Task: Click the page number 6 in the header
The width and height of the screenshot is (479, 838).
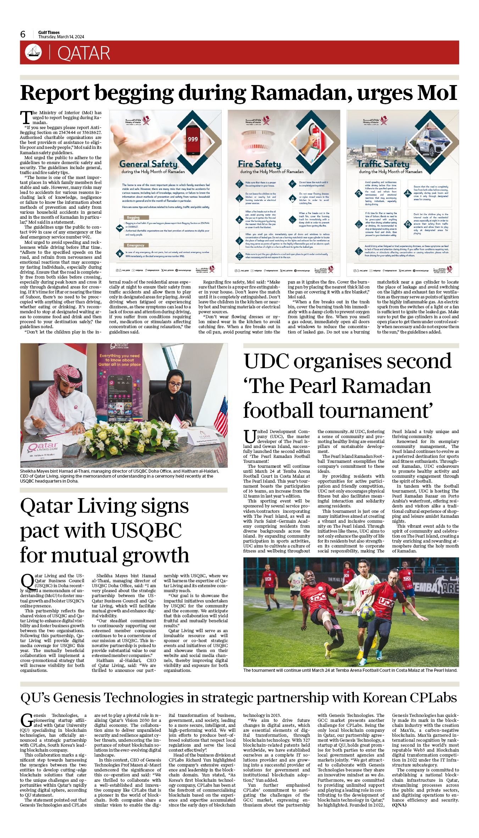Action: [23, 34]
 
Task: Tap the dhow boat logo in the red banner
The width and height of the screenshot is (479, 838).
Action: [33, 52]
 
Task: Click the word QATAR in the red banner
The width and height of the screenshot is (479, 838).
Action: [84, 53]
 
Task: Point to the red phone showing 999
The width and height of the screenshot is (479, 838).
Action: [193, 139]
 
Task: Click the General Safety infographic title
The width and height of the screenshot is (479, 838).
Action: [148, 164]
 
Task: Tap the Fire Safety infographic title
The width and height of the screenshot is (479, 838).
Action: [259, 164]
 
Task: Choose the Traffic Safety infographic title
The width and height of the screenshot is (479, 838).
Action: [383, 164]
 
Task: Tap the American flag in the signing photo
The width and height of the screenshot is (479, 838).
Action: [221, 415]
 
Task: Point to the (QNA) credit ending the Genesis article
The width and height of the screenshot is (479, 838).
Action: [399, 805]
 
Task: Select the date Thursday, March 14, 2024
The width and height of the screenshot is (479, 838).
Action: [61, 37]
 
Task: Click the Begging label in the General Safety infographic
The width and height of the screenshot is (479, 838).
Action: [133, 218]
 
